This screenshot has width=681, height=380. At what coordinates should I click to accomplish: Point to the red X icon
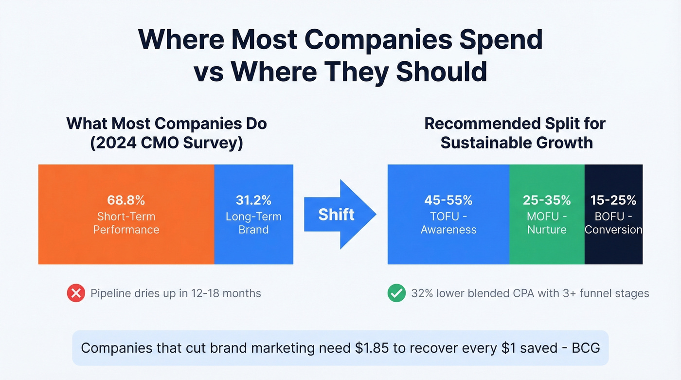point(76,293)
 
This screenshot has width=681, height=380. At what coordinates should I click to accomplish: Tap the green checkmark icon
point(396,293)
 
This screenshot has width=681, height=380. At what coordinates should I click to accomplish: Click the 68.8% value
point(126,200)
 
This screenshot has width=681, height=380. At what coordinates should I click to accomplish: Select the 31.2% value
point(253,200)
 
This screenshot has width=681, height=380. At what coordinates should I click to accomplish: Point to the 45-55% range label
point(448,200)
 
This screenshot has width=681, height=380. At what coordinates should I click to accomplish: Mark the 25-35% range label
point(547,200)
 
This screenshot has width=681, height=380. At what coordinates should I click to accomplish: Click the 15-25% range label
point(613,200)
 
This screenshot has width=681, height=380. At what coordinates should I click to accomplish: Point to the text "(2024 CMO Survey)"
point(166,144)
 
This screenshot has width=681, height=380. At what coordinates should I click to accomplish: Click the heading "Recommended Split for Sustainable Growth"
point(515,133)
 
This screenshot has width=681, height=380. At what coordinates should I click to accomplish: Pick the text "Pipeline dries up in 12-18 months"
point(176,293)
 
